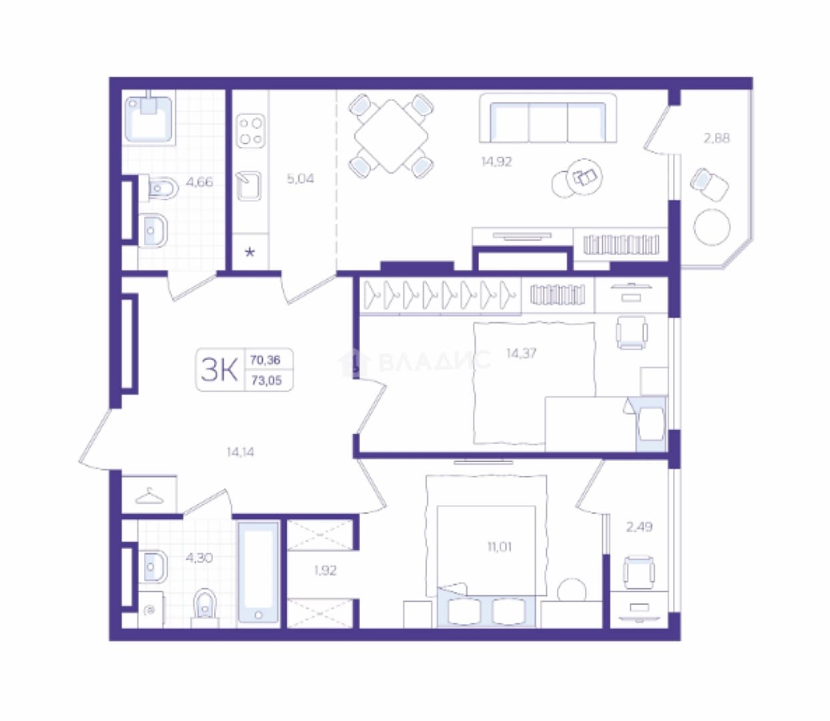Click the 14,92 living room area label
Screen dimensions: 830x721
pyautogui.click(x=496, y=162)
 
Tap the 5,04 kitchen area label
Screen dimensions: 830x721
pyautogui.click(x=300, y=178)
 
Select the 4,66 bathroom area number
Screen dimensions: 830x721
pyautogui.click(x=199, y=182)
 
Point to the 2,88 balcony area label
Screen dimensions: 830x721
pyautogui.click(x=717, y=138)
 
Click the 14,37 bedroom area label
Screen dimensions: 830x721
pyautogui.click(x=521, y=353)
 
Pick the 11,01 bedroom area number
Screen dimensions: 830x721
pyautogui.click(x=499, y=547)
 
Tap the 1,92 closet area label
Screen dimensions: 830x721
pyautogui.click(x=325, y=571)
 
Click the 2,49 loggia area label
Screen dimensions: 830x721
pyautogui.click(x=639, y=527)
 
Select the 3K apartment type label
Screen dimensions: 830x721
pyautogui.click(x=219, y=370)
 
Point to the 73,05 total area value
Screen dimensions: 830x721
pyautogui.click(x=266, y=381)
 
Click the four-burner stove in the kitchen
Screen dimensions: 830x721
pyautogui.click(x=251, y=131)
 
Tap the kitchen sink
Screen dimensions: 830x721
pyautogui.click(x=249, y=186)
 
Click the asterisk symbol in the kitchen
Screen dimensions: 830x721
pyautogui.click(x=250, y=252)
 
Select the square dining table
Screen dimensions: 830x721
pyautogui.click(x=391, y=136)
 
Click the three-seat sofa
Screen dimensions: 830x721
pyautogui.click(x=548, y=118)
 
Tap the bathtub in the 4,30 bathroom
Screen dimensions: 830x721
pyautogui.click(x=258, y=573)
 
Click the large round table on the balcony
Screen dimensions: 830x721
pyautogui.click(x=711, y=227)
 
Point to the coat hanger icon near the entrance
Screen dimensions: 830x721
pyautogui.click(x=149, y=495)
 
